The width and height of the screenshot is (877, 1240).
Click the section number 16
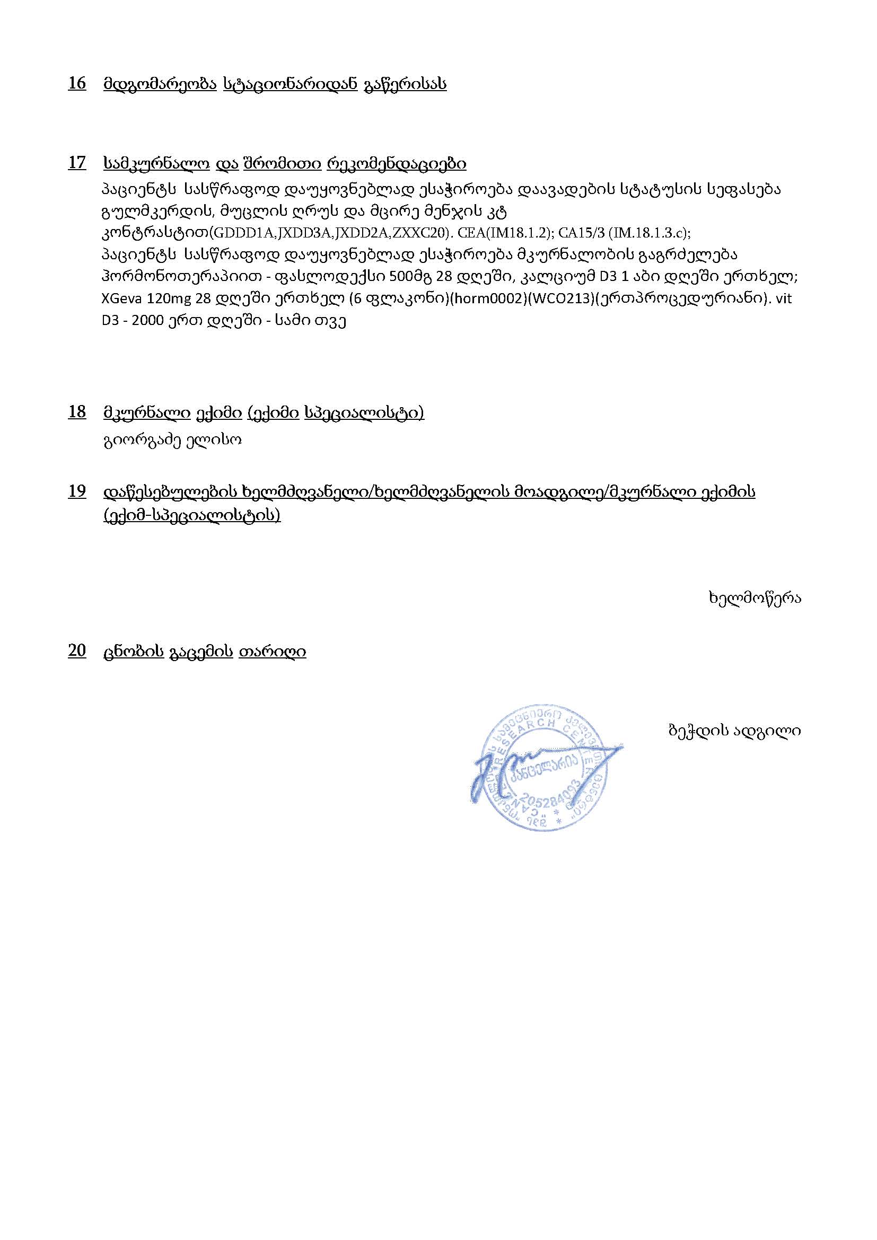pos(77,84)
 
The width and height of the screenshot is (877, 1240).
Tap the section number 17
pos(77,163)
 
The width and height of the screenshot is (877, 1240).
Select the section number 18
pos(77,412)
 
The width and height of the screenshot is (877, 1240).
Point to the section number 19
pos(77,491)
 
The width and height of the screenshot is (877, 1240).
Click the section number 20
pos(77,651)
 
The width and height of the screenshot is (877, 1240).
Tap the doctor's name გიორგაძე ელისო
pos(172,440)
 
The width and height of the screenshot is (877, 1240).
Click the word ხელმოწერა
pos(755,598)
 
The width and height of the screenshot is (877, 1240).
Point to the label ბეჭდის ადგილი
pos(734,731)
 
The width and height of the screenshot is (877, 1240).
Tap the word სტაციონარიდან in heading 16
pos(290,84)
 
